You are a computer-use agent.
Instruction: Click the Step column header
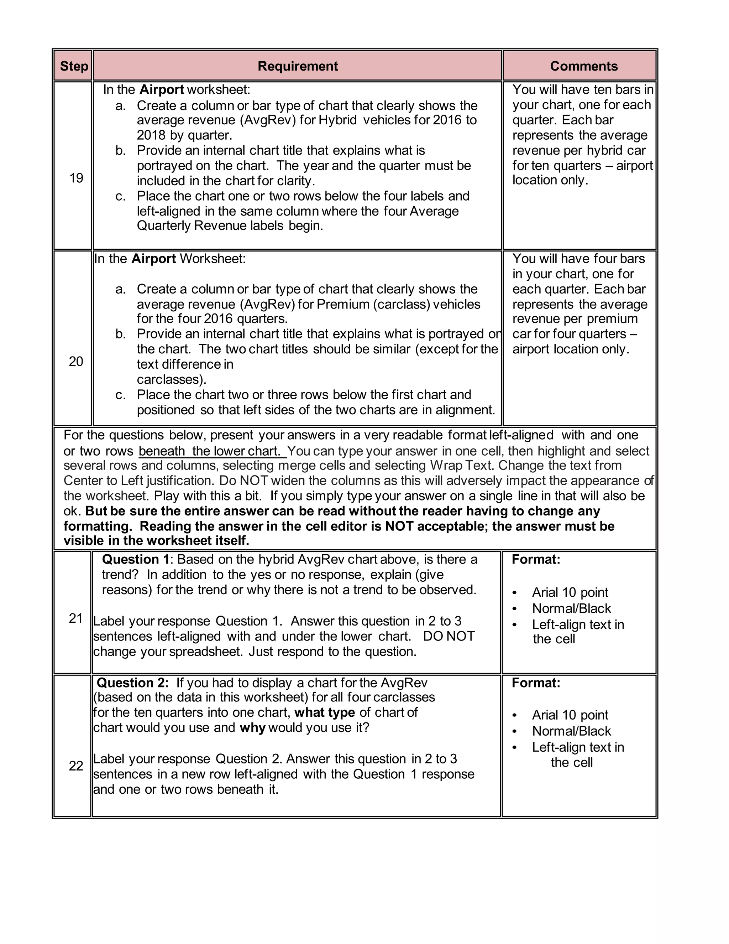click(74, 66)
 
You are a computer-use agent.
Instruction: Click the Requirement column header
click(298, 66)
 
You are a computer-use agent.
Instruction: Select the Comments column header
click(583, 66)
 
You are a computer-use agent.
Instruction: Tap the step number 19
click(76, 178)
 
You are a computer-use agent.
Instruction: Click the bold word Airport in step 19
click(162, 90)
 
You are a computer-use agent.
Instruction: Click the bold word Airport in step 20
click(153, 259)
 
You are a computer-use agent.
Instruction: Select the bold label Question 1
click(136, 560)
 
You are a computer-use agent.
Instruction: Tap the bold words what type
click(324, 712)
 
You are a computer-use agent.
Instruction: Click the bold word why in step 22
click(252, 728)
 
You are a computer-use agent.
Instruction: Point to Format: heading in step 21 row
click(535, 560)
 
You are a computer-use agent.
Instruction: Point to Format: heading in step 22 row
click(535, 683)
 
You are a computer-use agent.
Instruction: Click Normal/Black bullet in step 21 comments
click(571, 608)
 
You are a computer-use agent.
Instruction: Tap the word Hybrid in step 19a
click(337, 120)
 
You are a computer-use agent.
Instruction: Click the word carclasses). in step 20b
click(172, 379)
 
